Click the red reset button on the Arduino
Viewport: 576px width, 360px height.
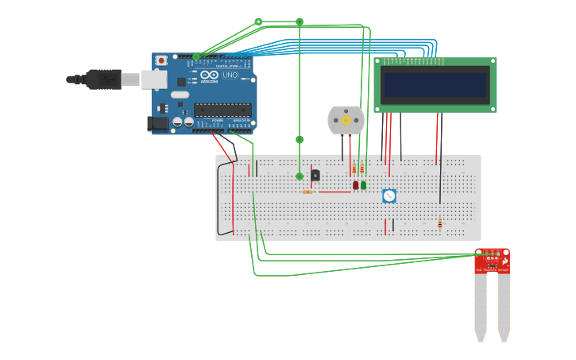[x=161, y=60]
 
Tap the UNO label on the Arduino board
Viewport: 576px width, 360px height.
[x=229, y=75]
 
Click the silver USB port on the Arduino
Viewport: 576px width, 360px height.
[x=154, y=79]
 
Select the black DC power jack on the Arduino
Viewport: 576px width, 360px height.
[x=157, y=123]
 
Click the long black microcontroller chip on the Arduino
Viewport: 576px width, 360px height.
[x=222, y=110]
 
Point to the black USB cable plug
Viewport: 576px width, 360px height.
[x=103, y=79]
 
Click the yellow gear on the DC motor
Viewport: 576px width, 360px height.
[x=346, y=121]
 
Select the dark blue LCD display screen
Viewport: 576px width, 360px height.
[x=435, y=84]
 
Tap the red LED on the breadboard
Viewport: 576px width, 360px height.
[x=356, y=185]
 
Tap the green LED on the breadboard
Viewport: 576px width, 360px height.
[x=363, y=185]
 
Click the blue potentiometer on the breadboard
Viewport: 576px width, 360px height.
[x=389, y=195]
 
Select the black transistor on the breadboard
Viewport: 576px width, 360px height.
[x=315, y=175]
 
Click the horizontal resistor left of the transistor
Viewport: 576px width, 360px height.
[x=307, y=192]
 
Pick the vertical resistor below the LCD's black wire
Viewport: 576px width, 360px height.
[x=439, y=223]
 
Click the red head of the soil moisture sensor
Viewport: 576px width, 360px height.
[x=492, y=261]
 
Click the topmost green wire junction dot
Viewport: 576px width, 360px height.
[x=258, y=21]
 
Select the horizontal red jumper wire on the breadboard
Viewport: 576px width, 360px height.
[x=334, y=192]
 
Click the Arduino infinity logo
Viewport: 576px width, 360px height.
[x=210, y=75]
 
